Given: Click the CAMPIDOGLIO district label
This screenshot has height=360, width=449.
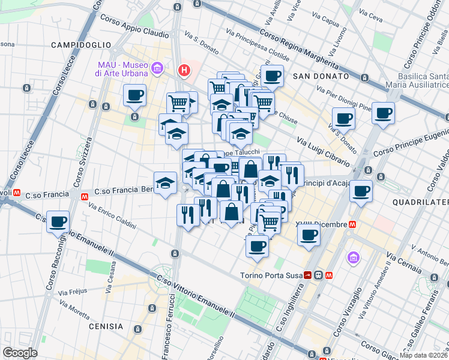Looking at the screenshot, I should (81, 45).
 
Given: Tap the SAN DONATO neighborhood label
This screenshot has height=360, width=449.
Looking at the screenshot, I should (321, 77).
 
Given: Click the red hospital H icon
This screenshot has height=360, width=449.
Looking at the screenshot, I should (184, 71).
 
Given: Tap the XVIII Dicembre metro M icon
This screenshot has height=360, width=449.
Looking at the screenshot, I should (353, 224).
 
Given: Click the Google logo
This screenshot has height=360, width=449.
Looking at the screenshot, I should (20, 353).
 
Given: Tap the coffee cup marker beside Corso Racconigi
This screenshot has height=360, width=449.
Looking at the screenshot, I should (58, 221).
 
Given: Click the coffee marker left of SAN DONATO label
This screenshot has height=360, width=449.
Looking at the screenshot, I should (272, 76).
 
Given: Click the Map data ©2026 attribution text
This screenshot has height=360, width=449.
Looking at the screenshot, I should (424, 355).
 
